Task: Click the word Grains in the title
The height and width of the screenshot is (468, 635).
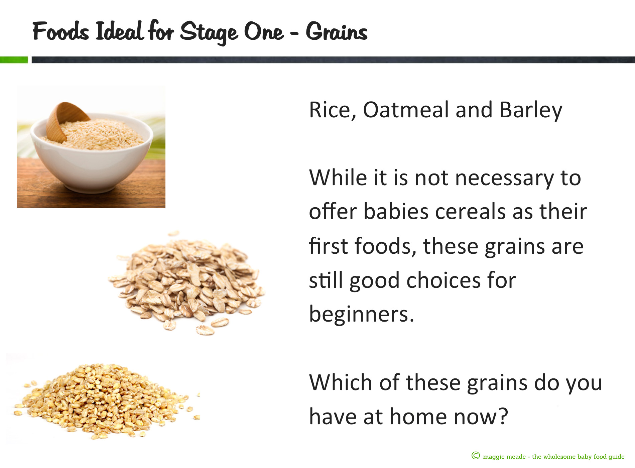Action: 337,32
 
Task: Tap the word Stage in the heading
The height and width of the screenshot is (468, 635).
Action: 209,32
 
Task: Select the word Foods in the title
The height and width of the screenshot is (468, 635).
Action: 61,31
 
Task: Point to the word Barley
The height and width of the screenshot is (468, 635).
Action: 531,110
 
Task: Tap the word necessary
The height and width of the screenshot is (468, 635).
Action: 504,179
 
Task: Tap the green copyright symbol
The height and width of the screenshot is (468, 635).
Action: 476,456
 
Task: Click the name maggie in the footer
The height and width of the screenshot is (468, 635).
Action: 493,457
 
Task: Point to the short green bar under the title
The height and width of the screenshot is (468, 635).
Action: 14,60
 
